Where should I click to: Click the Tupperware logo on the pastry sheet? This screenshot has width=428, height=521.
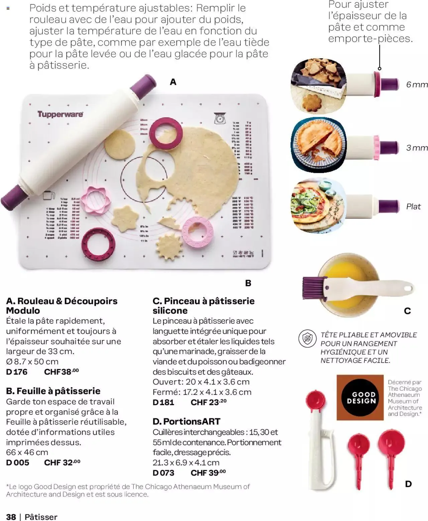tap(60, 114)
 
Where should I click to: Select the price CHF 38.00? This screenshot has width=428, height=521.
tap(62, 371)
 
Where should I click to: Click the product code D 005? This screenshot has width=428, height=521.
tap(17, 462)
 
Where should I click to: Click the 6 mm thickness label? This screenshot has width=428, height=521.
tap(417, 84)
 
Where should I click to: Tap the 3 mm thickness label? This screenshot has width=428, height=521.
tap(417, 148)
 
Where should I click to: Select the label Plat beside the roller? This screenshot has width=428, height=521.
tap(413, 206)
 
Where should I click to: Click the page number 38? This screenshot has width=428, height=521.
tap(11, 517)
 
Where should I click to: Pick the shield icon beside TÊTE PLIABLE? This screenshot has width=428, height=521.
tap(307, 339)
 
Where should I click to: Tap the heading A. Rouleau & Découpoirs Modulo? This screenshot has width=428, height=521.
tap(62, 306)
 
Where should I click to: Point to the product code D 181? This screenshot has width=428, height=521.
tap(163, 402)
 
